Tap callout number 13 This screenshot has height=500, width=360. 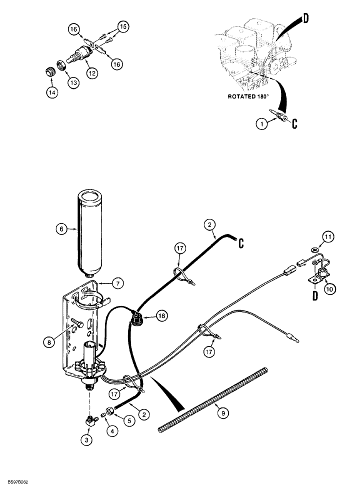click(74, 83)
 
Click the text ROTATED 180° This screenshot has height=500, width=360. click(249, 97)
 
